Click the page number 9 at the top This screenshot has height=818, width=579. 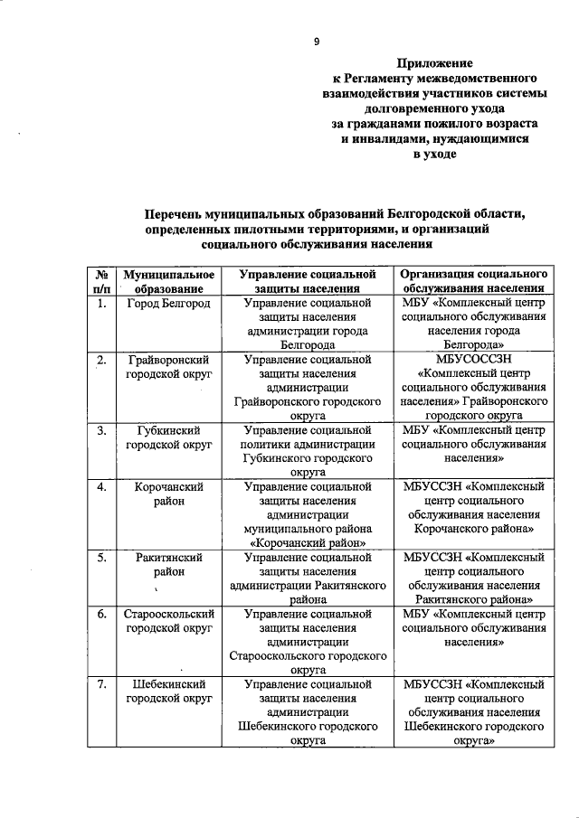pos(317,42)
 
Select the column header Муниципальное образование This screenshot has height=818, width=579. pos(168,280)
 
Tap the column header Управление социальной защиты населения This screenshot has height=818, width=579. pos(308,280)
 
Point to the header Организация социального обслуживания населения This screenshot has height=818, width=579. pos(474,280)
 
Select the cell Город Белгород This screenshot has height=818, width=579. pos(168,303)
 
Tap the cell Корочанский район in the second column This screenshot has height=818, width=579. pos(168,494)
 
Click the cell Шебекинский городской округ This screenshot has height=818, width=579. pos(168,691)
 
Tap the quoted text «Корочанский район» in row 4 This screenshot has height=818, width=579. pos(308,543)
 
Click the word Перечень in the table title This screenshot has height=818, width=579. pos(185,213)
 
